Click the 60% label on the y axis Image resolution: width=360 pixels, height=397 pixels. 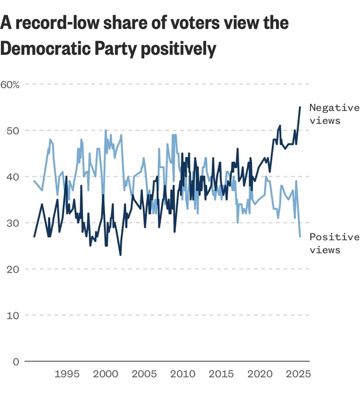9,84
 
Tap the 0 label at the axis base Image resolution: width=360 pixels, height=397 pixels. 16,361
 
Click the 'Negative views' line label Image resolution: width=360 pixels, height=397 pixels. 334,114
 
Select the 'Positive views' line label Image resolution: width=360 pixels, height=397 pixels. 334,243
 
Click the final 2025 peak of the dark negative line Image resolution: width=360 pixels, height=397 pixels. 300,107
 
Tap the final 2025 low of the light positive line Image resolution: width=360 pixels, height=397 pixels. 300,236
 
